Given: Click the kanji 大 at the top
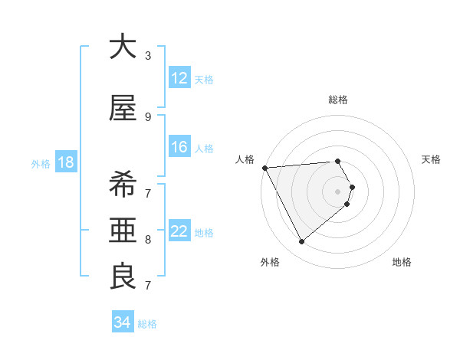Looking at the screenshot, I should (123, 47).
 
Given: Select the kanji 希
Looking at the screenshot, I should (123, 185).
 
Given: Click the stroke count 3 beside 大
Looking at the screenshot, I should (148, 56).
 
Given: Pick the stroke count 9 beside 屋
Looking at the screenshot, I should (148, 116).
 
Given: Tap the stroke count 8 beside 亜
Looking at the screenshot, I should (148, 240).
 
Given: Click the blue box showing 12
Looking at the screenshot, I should (179, 78).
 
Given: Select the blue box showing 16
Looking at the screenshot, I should (179, 147).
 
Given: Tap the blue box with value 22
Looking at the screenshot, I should (179, 231).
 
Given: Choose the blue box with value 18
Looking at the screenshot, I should (65, 162).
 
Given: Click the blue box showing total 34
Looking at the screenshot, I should (123, 322).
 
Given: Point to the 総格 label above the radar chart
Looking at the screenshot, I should (338, 100).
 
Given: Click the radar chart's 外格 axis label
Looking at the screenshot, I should (270, 262).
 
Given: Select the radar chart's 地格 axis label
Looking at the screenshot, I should (402, 262).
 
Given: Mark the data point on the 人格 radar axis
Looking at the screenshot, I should (264, 167).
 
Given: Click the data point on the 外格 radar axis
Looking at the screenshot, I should (301, 242).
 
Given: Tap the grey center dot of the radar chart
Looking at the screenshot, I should (338, 191).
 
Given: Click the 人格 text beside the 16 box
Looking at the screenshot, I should (204, 148).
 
